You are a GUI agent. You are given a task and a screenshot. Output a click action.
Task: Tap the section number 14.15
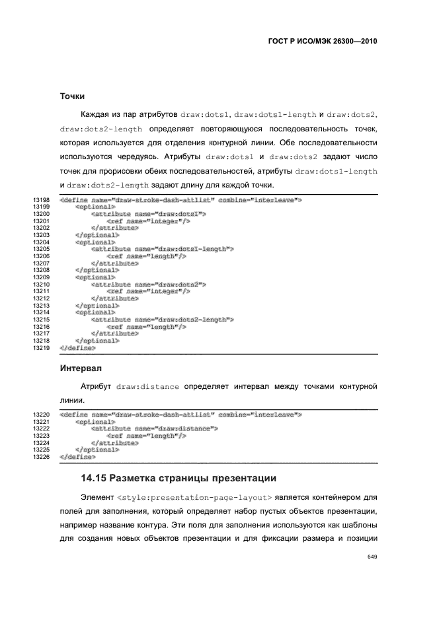[95, 477]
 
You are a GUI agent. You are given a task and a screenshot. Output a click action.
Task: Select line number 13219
[42, 347]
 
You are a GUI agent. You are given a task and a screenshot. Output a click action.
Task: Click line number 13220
[42, 415]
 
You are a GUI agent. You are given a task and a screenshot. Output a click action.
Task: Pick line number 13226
[42, 456]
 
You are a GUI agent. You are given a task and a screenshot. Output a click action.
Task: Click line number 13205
[42, 249]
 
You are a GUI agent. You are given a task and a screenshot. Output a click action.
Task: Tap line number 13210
[42, 284]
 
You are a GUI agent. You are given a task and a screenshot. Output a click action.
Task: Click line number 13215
[42, 320]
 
